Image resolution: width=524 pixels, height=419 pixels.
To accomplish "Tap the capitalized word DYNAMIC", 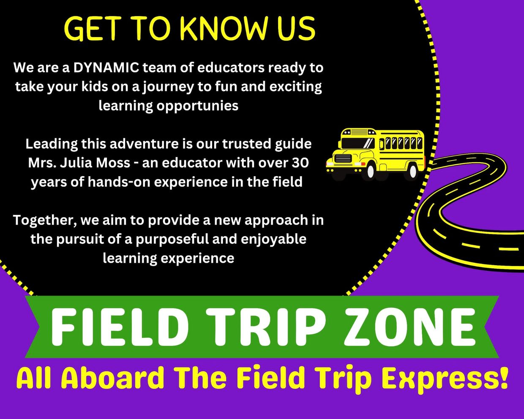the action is [106, 68].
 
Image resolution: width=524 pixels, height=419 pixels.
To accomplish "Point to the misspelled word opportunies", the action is [197, 106].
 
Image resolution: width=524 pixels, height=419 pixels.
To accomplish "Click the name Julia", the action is [76, 163].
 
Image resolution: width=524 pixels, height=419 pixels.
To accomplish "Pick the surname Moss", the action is [113, 163].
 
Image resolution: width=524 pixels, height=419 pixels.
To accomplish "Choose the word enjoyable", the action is [273, 239].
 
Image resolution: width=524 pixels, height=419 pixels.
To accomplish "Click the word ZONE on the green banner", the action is [409, 326].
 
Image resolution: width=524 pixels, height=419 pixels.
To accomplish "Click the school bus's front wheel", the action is [370, 171].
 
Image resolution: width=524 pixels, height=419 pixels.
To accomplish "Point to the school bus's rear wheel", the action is [413, 171].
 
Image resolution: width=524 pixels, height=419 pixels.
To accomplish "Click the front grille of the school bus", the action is [343, 158].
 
